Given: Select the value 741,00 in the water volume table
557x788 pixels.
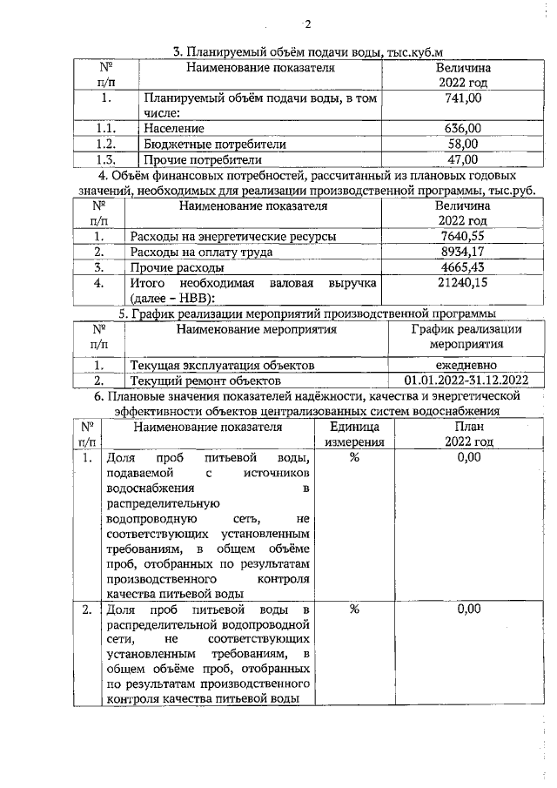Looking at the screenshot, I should [463, 99].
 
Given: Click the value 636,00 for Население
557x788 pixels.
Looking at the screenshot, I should [463, 129].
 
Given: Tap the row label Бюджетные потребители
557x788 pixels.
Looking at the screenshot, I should [215, 144].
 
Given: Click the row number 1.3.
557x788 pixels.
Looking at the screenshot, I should [106, 159].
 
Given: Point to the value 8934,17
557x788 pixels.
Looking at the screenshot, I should [462, 252].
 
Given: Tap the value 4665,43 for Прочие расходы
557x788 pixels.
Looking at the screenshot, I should [462, 267].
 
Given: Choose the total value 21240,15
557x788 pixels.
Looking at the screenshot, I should [462, 283].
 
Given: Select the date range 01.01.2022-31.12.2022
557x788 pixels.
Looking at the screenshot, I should [466, 381].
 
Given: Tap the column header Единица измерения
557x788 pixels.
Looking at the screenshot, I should [354, 434].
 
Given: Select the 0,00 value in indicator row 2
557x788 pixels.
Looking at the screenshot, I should [468, 609].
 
